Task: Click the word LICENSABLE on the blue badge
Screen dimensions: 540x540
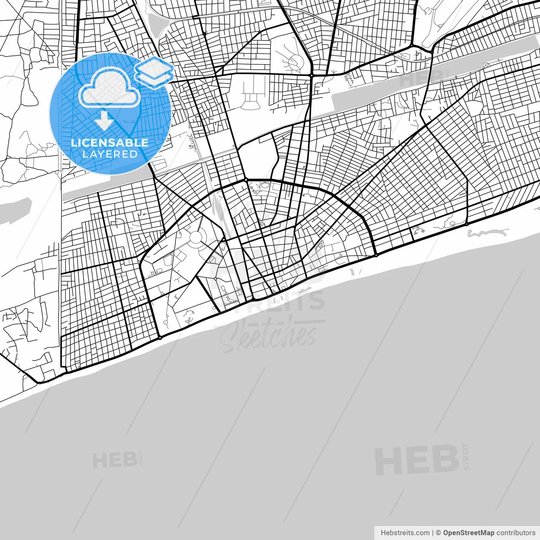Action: (110, 143)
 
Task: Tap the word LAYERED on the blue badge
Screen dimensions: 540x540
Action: (110, 154)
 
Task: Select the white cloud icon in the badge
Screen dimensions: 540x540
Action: (110, 87)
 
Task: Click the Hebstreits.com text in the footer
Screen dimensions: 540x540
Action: (405, 533)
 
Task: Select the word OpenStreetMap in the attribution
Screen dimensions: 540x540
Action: (468, 533)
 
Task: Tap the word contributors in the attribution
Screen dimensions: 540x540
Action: (516, 533)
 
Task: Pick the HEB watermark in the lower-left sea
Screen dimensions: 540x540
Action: (114, 460)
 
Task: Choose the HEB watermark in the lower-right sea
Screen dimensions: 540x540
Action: (417, 460)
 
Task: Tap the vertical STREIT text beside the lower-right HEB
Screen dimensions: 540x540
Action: (466, 456)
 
